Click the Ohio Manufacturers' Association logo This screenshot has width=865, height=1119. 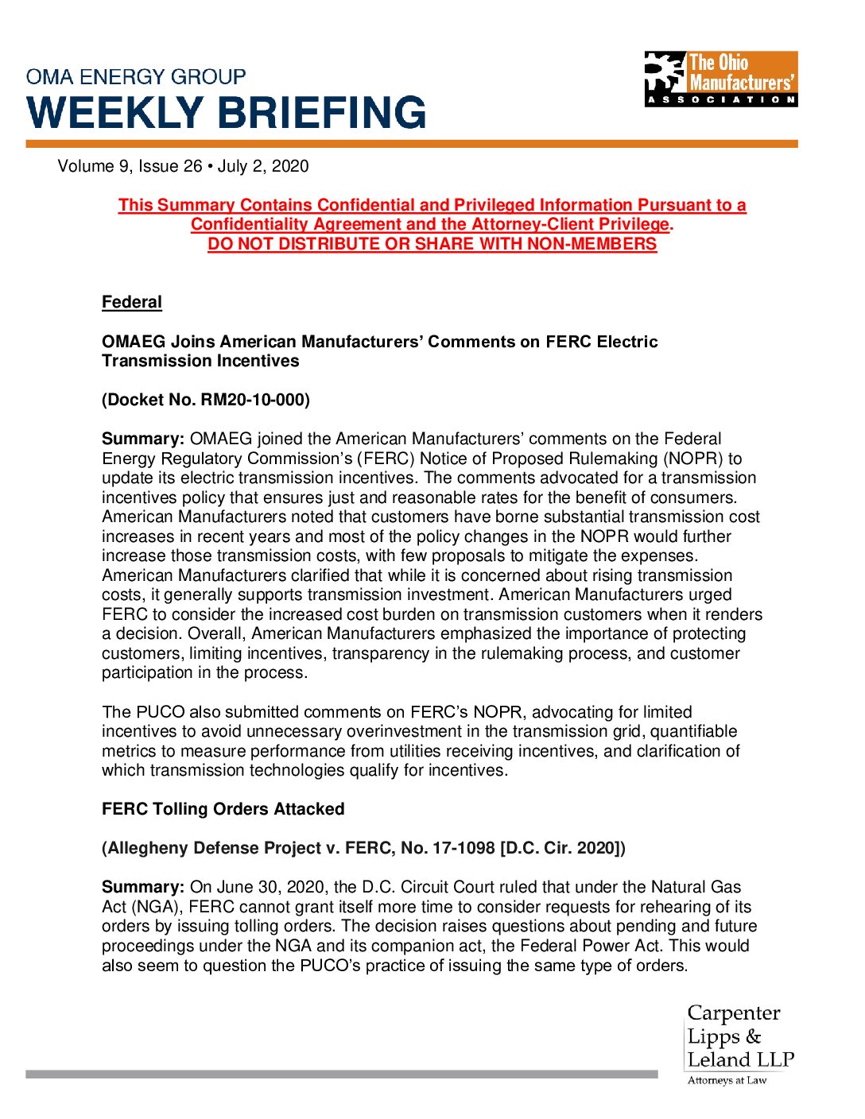pyautogui.click(x=720, y=79)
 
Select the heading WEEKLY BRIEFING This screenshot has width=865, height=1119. pyautogui.click(x=227, y=113)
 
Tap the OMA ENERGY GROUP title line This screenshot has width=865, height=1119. pyautogui.click(x=136, y=77)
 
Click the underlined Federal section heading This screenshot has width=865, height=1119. pyautogui.click(x=132, y=303)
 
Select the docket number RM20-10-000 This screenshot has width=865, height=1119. pyautogui.click(x=254, y=400)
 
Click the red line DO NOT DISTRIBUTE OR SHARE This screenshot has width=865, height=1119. pyautogui.click(x=432, y=244)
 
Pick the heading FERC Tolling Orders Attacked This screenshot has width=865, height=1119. pyautogui.click(x=223, y=809)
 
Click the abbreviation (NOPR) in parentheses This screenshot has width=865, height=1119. pyautogui.click(x=692, y=459)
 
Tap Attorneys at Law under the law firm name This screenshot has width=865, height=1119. pyautogui.click(x=727, y=1080)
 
